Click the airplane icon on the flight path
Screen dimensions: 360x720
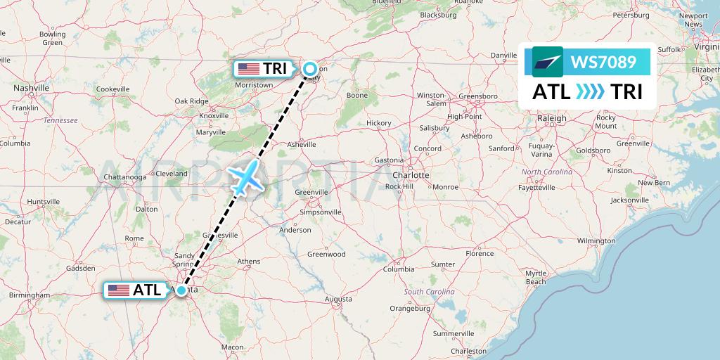(245, 178)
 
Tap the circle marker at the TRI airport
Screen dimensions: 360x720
(310, 68)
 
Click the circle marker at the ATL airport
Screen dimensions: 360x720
(182, 290)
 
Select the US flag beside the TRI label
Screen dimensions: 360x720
(248, 69)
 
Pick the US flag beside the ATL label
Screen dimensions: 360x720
(118, 290)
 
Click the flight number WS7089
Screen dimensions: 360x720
(604, 63)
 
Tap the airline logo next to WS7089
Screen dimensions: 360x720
(548, 62)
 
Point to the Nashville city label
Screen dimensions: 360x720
(31, 88)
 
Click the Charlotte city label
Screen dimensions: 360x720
(411, 174)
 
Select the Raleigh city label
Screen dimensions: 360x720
(551, 118)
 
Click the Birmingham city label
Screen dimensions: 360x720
(30, 295)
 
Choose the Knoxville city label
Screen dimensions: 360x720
(214, 116)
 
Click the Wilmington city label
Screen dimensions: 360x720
(596, 241)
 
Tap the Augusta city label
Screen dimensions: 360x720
(338, 299)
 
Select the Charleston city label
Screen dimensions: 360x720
(469, 351)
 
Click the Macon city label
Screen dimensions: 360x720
(232, 347)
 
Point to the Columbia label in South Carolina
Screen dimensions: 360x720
(399, 269)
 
